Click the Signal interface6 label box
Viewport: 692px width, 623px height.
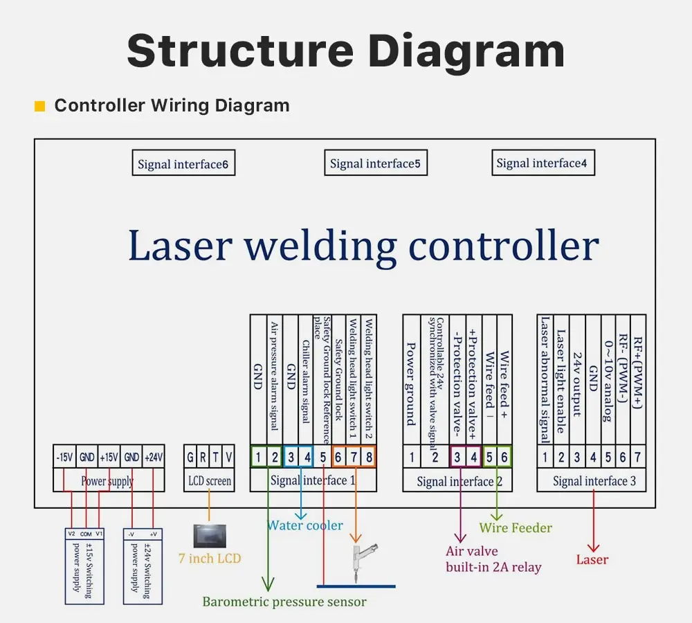(x=183, y=164)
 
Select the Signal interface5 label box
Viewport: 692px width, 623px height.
(x=375, y=163)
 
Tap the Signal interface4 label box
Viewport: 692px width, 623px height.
(x=542, y=163)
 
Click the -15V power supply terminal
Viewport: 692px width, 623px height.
(x=64, y=458)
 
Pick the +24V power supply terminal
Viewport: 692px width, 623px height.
(x=153, y=458)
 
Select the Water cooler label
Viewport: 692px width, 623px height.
(x=305, y=525)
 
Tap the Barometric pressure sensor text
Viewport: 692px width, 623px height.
(x=284, y=602)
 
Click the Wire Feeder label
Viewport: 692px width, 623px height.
(x=516, y=528)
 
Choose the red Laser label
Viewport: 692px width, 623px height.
(x=592, y=559)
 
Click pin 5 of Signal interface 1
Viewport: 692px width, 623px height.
(x=322, y=457)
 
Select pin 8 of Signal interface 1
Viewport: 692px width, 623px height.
(x=368, y=457)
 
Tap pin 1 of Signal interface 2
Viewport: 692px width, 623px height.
(x=412, y=457)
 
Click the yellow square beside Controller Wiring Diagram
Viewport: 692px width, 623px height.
(x=39, y=106)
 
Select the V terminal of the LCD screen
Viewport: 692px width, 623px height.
(x=229, y=458)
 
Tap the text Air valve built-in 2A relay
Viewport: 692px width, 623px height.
(x=493, y=559)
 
